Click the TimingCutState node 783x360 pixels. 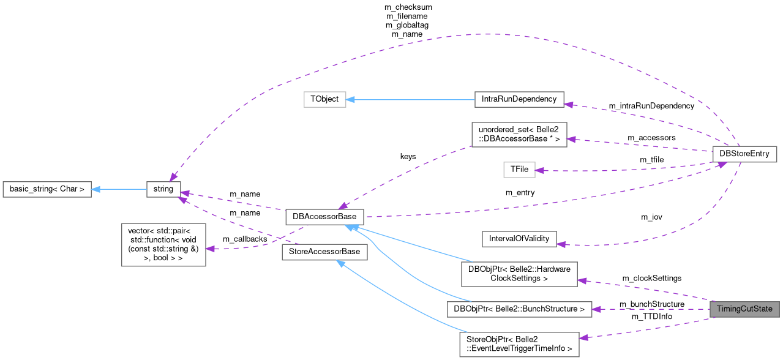(x=744, y=309)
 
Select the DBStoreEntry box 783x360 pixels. (x=744, y=154)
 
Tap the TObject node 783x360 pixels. (x=324, y=99)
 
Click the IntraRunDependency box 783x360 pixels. (x=519, y=99)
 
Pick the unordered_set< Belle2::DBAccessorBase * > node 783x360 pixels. (x=519, y=134)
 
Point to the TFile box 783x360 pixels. (x=519, y=170)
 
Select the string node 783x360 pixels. (x=163, y=189)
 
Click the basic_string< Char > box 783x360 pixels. (x=47, y=189)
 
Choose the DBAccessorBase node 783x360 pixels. (x=324, y=217)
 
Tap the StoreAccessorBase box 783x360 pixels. (x=324, y=252)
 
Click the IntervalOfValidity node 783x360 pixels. (x=519, y=239)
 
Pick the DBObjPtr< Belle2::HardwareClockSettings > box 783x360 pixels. (x=519, y=274)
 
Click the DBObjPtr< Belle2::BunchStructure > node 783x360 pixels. (x=519, y=309)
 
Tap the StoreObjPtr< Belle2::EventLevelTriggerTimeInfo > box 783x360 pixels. (x=519, y=345)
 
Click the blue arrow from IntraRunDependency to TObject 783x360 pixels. (x=410, y=99)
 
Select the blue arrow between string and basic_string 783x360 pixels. (x=119, y=189)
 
